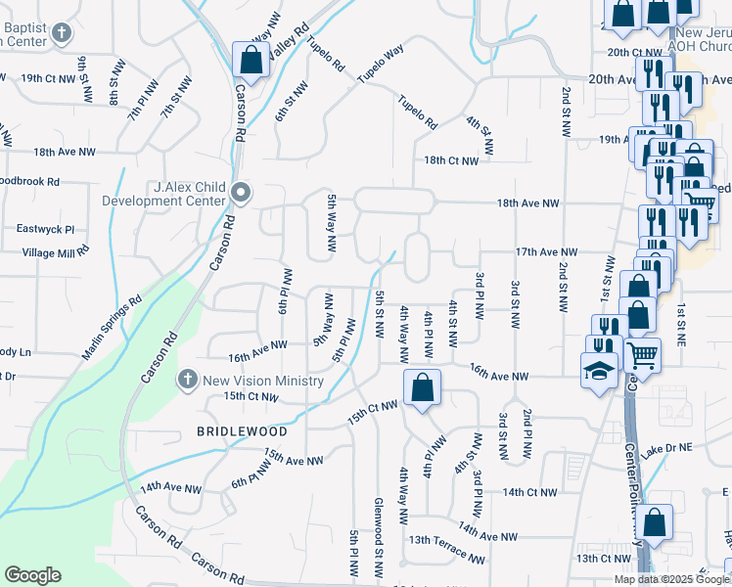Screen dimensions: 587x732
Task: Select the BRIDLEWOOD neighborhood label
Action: (x=242, y=431)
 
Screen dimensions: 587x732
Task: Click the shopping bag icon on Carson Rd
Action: (x=251, y=60)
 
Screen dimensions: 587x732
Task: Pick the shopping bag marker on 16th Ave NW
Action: (x=421, y=387)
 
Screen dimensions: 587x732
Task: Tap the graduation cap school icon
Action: (x=598, y=370)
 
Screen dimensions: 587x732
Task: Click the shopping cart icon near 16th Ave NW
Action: (x=643, y=354)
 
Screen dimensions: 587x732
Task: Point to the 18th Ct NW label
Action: (x=451, y=160)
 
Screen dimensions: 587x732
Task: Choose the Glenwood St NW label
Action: (x=379, y=535)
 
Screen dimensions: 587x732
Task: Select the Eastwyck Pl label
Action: (x=45, y=229)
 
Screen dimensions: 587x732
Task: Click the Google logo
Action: (x=32, y=575)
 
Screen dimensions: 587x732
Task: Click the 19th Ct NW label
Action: (x=47, y=77)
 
